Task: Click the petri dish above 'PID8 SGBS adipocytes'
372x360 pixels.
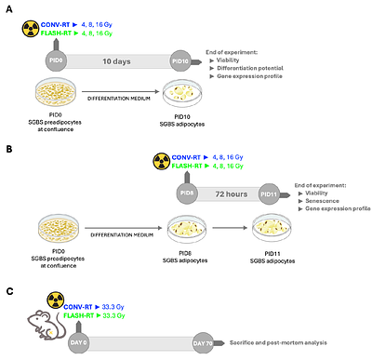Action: tap(187, 229)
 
